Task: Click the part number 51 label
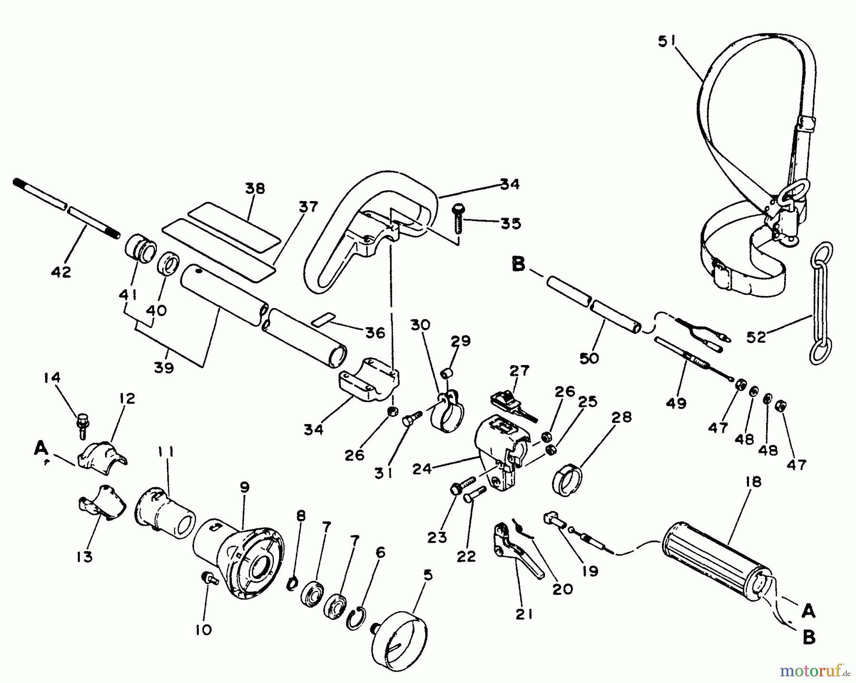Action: coord(667,42)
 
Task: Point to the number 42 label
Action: coord(61,272)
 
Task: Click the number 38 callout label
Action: coord(255,188)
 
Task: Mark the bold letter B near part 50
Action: coord(518,264)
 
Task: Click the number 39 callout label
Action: coord(164,367)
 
